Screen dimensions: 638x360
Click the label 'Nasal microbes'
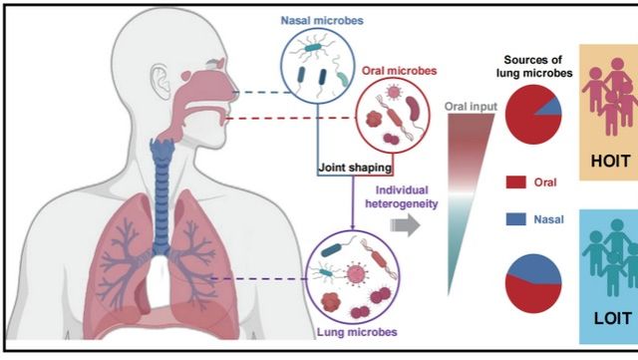coord(322,20)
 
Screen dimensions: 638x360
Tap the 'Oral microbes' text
coord(399,71)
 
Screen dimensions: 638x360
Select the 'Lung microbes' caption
coord(357,332)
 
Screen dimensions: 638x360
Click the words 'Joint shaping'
coord(355,168)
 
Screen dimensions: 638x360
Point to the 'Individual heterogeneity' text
coord(401,196)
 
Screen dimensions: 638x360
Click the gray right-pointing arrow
coord(406,224)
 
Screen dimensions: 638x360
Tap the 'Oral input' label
coord(471,107)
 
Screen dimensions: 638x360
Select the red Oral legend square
coord(516,182)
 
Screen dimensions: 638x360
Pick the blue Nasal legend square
coord(516,219)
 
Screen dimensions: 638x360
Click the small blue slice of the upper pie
coord(551,108)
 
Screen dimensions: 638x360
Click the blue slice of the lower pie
coord(534,267)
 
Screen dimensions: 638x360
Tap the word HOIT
coord(610,162)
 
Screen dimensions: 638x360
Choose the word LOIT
coord(613,318)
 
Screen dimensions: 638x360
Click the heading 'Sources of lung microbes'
coord(534,66)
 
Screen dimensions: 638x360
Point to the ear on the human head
coord(160,82)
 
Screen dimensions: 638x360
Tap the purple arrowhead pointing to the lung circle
coord(352,226)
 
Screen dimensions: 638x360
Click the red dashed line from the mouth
coord(290,118)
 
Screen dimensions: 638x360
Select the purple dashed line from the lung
coord(259,279)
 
